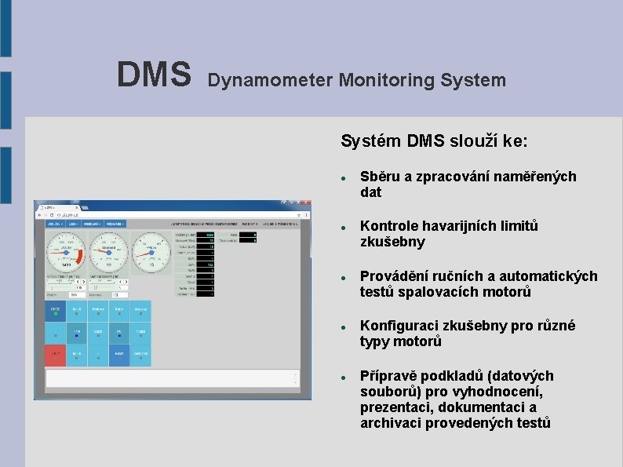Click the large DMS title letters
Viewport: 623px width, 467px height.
click(x=154, y=75)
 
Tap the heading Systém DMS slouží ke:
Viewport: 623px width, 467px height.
click(x=434, y=141)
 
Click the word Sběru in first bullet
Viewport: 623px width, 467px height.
click(x=380, y=177)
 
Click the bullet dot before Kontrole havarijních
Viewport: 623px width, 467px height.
click(x=344, y=227)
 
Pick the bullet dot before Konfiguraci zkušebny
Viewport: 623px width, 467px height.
click(x=344, y=327)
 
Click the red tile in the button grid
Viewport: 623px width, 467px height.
click(x=55, y=356)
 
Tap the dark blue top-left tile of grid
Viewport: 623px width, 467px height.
click(x=55, y=312)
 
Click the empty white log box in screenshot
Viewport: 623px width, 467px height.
click(x=172, y=378)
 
